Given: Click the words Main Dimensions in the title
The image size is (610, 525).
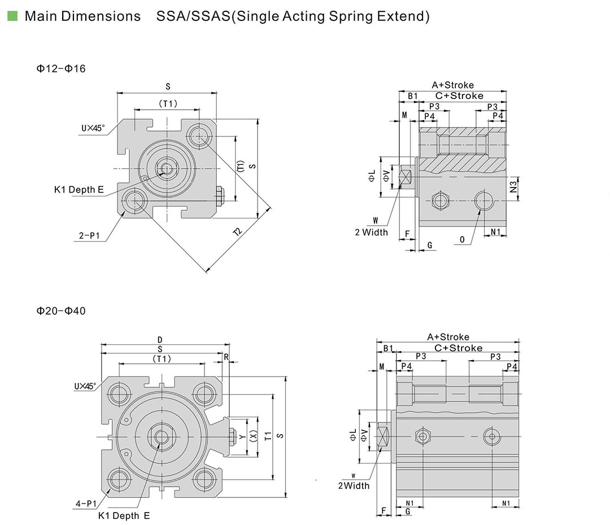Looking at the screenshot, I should pyautogui.click(x=82, y=16).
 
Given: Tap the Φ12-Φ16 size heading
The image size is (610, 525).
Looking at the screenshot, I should pyautogui.click(x=61, y=69).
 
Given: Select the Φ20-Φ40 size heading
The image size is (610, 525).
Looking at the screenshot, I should pyautogui.click(x=61, y=310).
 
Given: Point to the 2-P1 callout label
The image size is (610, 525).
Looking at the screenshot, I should pyautogui.click(x=90, y=237).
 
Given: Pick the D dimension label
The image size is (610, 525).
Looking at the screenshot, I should pyautogui.click(x=160, y=340).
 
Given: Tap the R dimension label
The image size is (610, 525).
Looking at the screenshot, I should pyautogui.click(x=226, y=357).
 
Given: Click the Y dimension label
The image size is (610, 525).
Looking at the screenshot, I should pyautogui.click(x=242, y=437).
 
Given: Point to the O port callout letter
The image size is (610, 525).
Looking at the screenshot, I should pyautogui.click(x=462, y=240).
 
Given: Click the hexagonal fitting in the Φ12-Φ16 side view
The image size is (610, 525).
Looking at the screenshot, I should pyautogui.click(x=439, y=200).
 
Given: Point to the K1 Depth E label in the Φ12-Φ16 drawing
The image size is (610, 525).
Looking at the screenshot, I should pyautogui.click(x=79, y=190).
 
